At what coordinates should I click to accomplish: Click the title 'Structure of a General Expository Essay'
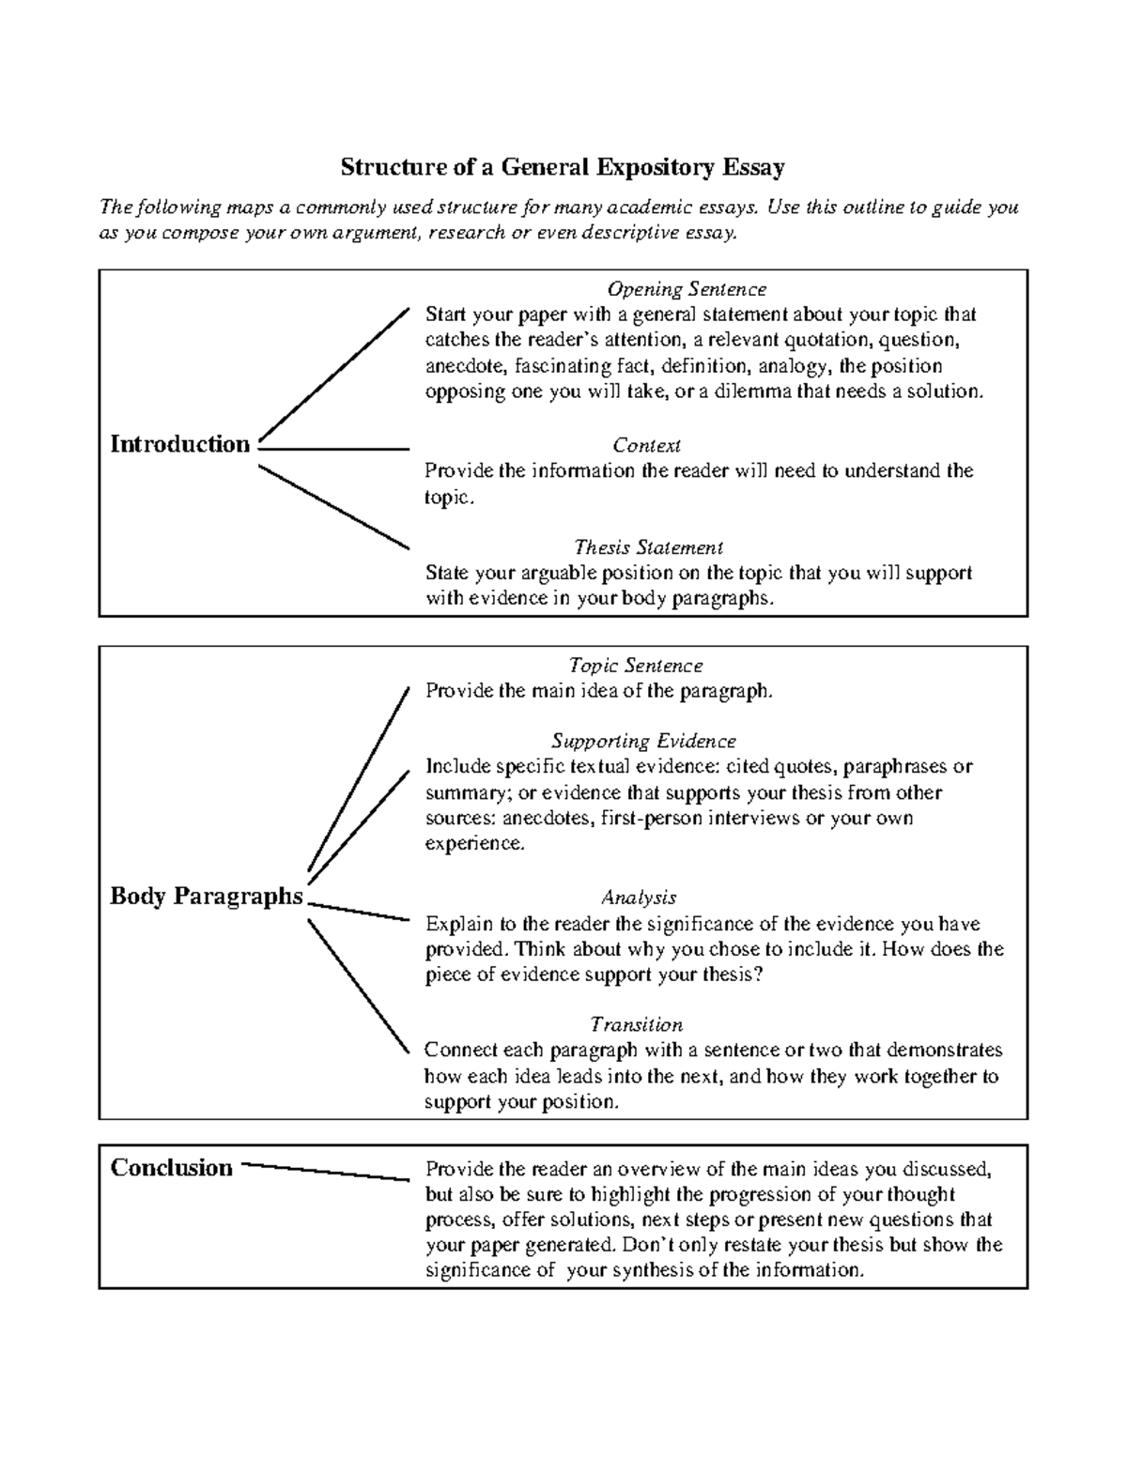tap(562, 168)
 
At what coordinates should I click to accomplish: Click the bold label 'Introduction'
tap(180, 444)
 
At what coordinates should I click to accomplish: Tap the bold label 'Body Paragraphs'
tap(207, 896)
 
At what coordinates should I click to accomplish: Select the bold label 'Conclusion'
tap(172, 1168)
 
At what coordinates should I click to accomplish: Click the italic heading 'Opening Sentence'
tap(687, 289)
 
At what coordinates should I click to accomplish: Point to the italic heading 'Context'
tap(646, 445)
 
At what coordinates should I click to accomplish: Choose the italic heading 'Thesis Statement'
tap(648, 547)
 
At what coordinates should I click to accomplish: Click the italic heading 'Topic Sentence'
tap(636, 666)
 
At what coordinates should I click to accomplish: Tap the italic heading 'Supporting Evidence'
tap(643, 742)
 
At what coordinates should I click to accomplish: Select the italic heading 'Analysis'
tap(639, 898)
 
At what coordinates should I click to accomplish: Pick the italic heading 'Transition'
tap(636, 1024)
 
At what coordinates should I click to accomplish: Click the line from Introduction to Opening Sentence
tap(333, 374)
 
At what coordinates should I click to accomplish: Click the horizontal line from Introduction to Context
tap(333, 450)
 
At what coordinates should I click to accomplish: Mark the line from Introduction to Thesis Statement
tap(333, 506)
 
